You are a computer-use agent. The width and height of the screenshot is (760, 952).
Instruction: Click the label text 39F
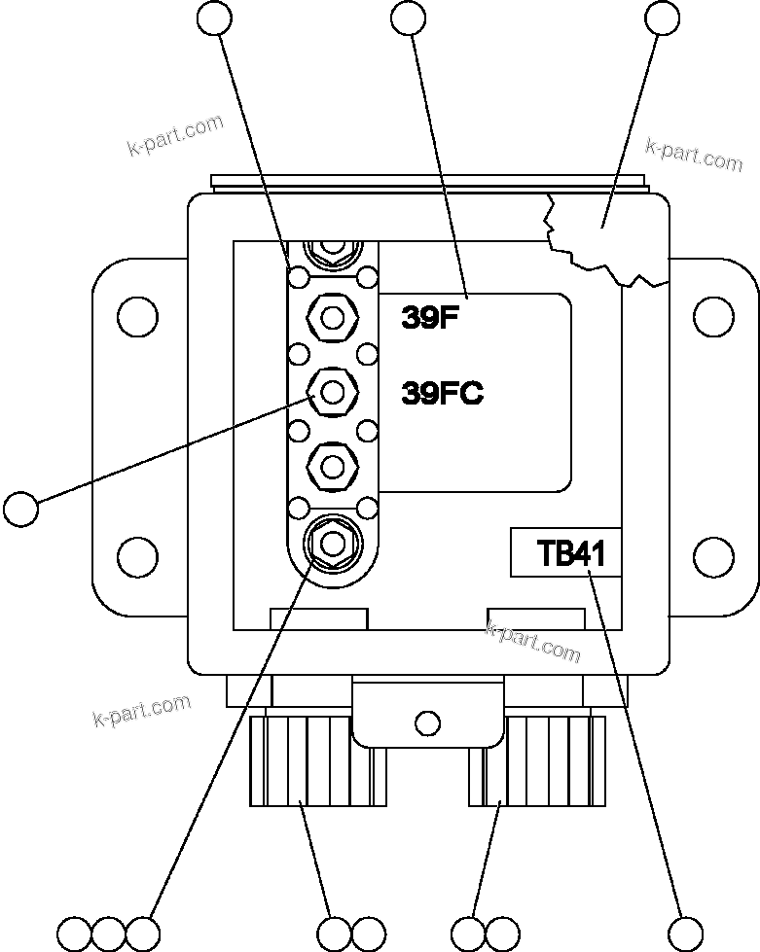pos(429,319)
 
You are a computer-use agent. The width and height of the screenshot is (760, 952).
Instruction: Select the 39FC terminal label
pos(443,394)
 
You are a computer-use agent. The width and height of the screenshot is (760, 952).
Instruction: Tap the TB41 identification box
pos(566,553)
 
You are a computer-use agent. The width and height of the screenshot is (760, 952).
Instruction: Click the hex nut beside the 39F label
pos(332,316)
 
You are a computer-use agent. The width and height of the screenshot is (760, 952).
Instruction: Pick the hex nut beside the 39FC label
pos(332,393)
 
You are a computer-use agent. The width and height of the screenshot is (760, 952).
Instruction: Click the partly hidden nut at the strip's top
pos(332,250)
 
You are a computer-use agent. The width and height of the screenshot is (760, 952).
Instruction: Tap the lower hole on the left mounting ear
pos(136,557)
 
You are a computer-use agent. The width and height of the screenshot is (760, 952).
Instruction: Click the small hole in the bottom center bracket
pos(426,723)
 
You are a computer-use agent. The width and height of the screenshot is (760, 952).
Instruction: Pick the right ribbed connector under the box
pos(537,761)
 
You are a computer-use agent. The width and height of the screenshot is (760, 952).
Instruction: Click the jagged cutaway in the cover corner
pos(603,233)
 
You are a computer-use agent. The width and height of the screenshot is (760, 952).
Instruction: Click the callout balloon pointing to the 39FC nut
pos(20,508)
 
